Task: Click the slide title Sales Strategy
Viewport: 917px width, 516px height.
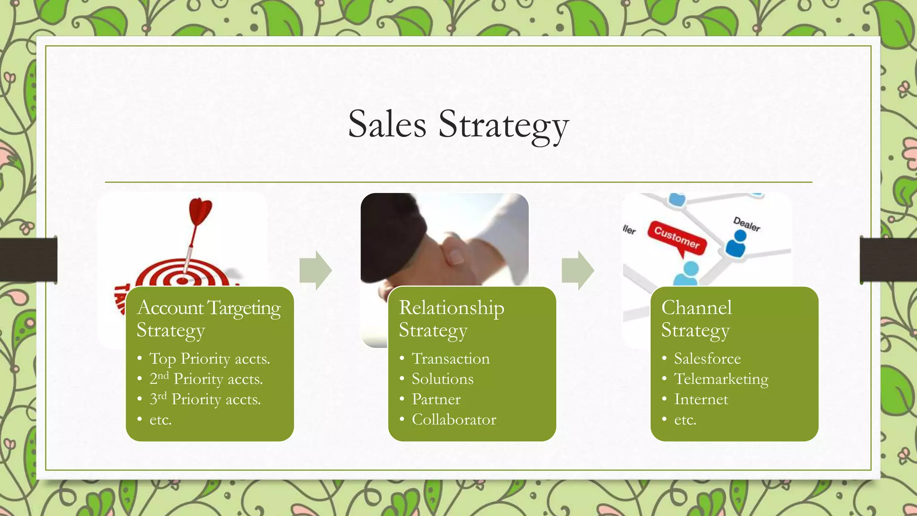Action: (458, 125)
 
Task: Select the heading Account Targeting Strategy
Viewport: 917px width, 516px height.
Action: (209, 318)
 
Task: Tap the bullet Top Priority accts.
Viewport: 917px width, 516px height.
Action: (209, 359)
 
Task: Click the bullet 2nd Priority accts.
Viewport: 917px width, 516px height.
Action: (206, 379)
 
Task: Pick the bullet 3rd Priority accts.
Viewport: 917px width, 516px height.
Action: (205, 399)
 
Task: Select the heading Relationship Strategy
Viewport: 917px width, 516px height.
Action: (451, 318)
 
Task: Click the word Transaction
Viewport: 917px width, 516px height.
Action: (450, 359)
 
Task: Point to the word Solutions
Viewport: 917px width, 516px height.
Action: (442, 379)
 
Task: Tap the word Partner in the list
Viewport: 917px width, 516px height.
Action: (436, 399)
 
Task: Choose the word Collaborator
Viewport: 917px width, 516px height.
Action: (454, 420)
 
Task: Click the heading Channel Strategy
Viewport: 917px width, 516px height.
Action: (696, 318)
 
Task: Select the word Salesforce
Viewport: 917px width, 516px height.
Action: (707, 359)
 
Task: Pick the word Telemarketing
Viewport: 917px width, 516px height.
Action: (721, 379)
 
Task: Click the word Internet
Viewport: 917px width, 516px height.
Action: (701, 399)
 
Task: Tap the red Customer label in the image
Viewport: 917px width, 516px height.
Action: (677, 237)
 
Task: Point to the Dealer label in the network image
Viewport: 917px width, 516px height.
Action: (746, 224)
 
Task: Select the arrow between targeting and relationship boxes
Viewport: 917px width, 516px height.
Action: (316, 271)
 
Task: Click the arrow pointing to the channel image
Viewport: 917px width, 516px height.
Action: (578, 271)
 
